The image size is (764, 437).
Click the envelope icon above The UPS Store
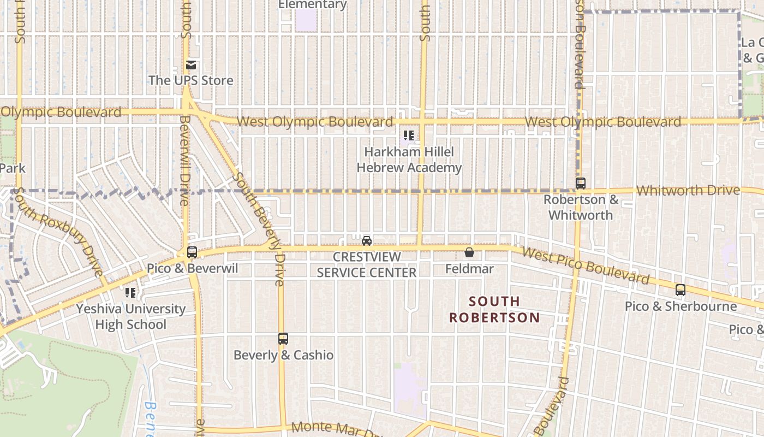(x=191, y=65)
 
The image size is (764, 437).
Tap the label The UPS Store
(x=191, y=80)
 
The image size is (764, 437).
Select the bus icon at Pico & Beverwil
(x=192, y=252)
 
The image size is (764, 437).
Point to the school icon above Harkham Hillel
(x=408, y=135)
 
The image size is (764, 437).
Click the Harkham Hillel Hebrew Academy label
(x=409, y=160)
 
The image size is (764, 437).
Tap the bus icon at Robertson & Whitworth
(x=581, y=184)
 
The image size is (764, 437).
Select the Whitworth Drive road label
(x=688, y=191)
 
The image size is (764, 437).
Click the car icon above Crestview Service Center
(x=367, y=240)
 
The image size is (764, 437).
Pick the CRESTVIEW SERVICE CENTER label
(x=367, y=264)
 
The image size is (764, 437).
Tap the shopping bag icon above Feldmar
(x=469, y=252)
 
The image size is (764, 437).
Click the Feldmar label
(x=469, y=269)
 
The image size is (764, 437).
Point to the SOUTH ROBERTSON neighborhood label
(x=494, y=309)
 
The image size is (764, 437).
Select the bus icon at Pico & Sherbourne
(x=681, y=290)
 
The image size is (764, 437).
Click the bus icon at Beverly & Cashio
(x=283, y=339)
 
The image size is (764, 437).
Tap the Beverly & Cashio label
(x=283, y=355)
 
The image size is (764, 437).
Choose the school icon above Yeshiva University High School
(x=130, y=293)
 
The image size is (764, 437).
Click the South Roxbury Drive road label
(x=58, y=232)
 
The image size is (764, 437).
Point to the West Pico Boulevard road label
(x=586, y=266)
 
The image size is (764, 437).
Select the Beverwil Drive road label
(x=184, y=160)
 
